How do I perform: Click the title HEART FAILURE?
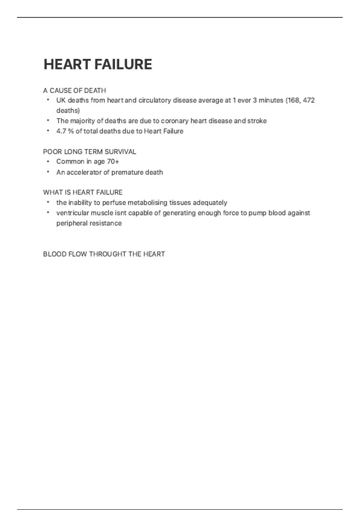point(98,64)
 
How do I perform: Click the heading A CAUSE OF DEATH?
point(74,91)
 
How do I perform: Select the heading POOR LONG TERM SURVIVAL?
point(89,152)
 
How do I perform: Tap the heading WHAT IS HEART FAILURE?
point(83,192)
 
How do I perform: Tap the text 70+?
point(113,162)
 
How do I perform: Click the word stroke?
point(257,121)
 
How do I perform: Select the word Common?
point(70,162)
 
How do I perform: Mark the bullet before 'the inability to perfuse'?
point(48,202)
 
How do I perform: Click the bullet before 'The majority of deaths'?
point(48,121)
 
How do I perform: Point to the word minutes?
point(271,100)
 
